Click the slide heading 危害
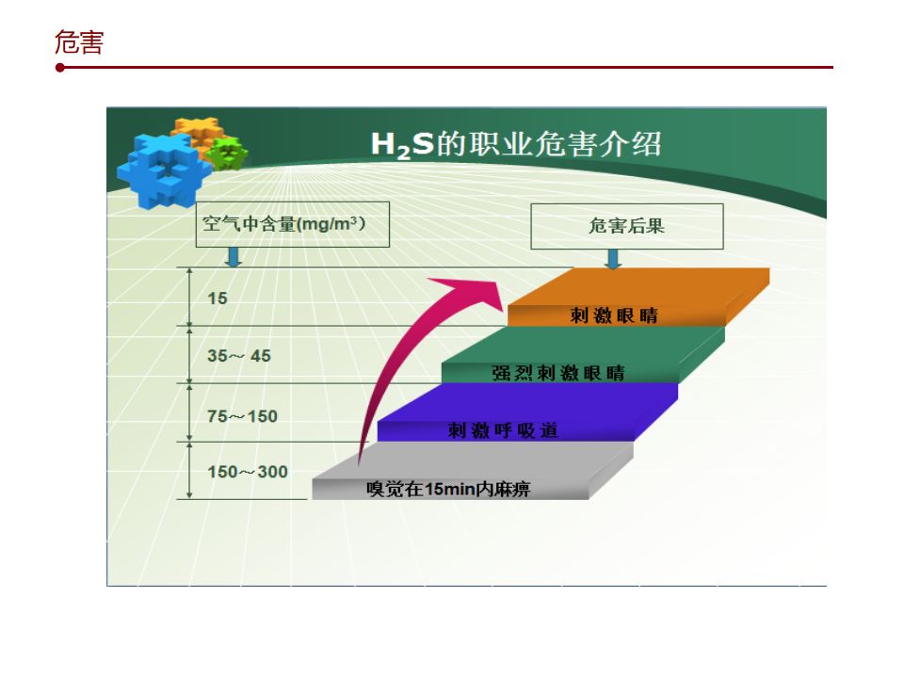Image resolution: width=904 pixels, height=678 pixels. click(x=79, y=42)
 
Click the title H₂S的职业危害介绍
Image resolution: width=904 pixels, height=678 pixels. click(x=516, y=144)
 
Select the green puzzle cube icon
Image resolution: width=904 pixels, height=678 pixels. click(x=228, y=153)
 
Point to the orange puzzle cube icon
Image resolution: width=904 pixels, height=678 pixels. click(x=198, y=133)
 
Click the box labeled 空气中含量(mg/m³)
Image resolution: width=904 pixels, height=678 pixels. click(x=293, y=224)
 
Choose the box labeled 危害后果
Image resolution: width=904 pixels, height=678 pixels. click(x=627, y=226)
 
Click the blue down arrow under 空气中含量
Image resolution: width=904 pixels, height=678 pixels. click(x=233, y=257)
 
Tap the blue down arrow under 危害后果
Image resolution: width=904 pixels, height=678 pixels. click(x=613, y=259)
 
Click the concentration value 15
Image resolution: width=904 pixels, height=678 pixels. click(x=218, y=299)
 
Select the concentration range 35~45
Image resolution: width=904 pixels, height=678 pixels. click(x=238, y=356)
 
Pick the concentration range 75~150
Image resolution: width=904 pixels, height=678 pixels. click(x=242, y=415)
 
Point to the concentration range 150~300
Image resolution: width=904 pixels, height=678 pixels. click(x=248, y=472)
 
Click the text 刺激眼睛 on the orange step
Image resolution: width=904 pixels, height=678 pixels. click(x=614, y=315)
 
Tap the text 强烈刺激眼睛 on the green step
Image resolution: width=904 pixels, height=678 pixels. click(x=558, y=373)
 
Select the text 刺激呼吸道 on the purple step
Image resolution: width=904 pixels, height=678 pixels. click(x=503, y=430)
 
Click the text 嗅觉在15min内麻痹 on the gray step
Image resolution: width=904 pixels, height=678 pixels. click(x=448, y=489)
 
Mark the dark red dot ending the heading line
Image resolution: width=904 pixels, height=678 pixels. click(x=60, y=68)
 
